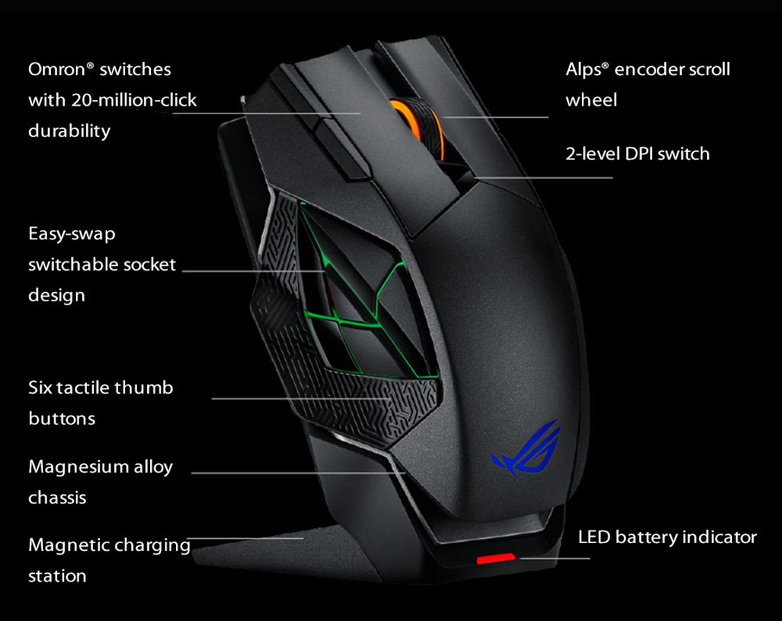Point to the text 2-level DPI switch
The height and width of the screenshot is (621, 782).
coord(637,154)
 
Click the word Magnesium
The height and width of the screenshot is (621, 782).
coord(79,467)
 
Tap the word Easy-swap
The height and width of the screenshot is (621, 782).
coord(72,234)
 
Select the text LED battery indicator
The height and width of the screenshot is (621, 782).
coord(667,537)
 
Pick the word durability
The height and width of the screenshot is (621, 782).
coord(69,131)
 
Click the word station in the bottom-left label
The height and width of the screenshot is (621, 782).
coord(57,576)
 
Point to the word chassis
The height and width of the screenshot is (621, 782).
coord(57,498)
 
